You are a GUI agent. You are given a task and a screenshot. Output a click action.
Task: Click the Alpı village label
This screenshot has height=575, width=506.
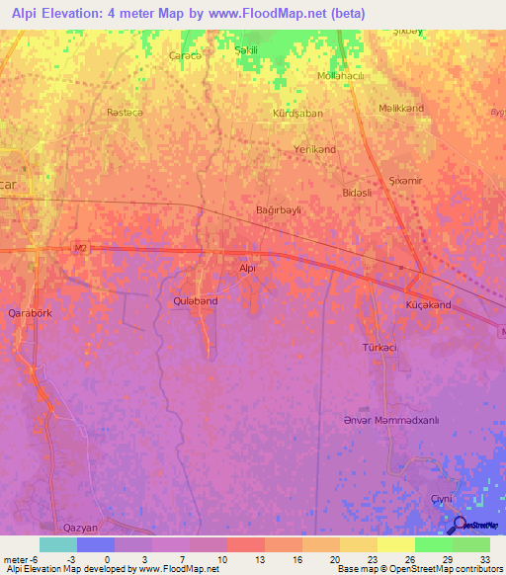point(248,268)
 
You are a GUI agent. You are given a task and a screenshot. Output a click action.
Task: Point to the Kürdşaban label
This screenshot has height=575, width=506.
point(297,114)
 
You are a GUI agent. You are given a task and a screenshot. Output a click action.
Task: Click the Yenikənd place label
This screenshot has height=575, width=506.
point(315,149)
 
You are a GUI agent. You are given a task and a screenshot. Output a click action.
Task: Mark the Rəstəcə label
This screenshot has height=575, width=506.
point(126,114)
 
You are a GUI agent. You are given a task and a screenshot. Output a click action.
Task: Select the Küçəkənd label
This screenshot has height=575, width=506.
point(428,304)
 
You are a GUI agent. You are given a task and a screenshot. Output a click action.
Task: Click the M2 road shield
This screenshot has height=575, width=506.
point(80,248)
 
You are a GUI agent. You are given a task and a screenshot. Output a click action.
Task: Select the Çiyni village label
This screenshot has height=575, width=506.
point(440,499)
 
